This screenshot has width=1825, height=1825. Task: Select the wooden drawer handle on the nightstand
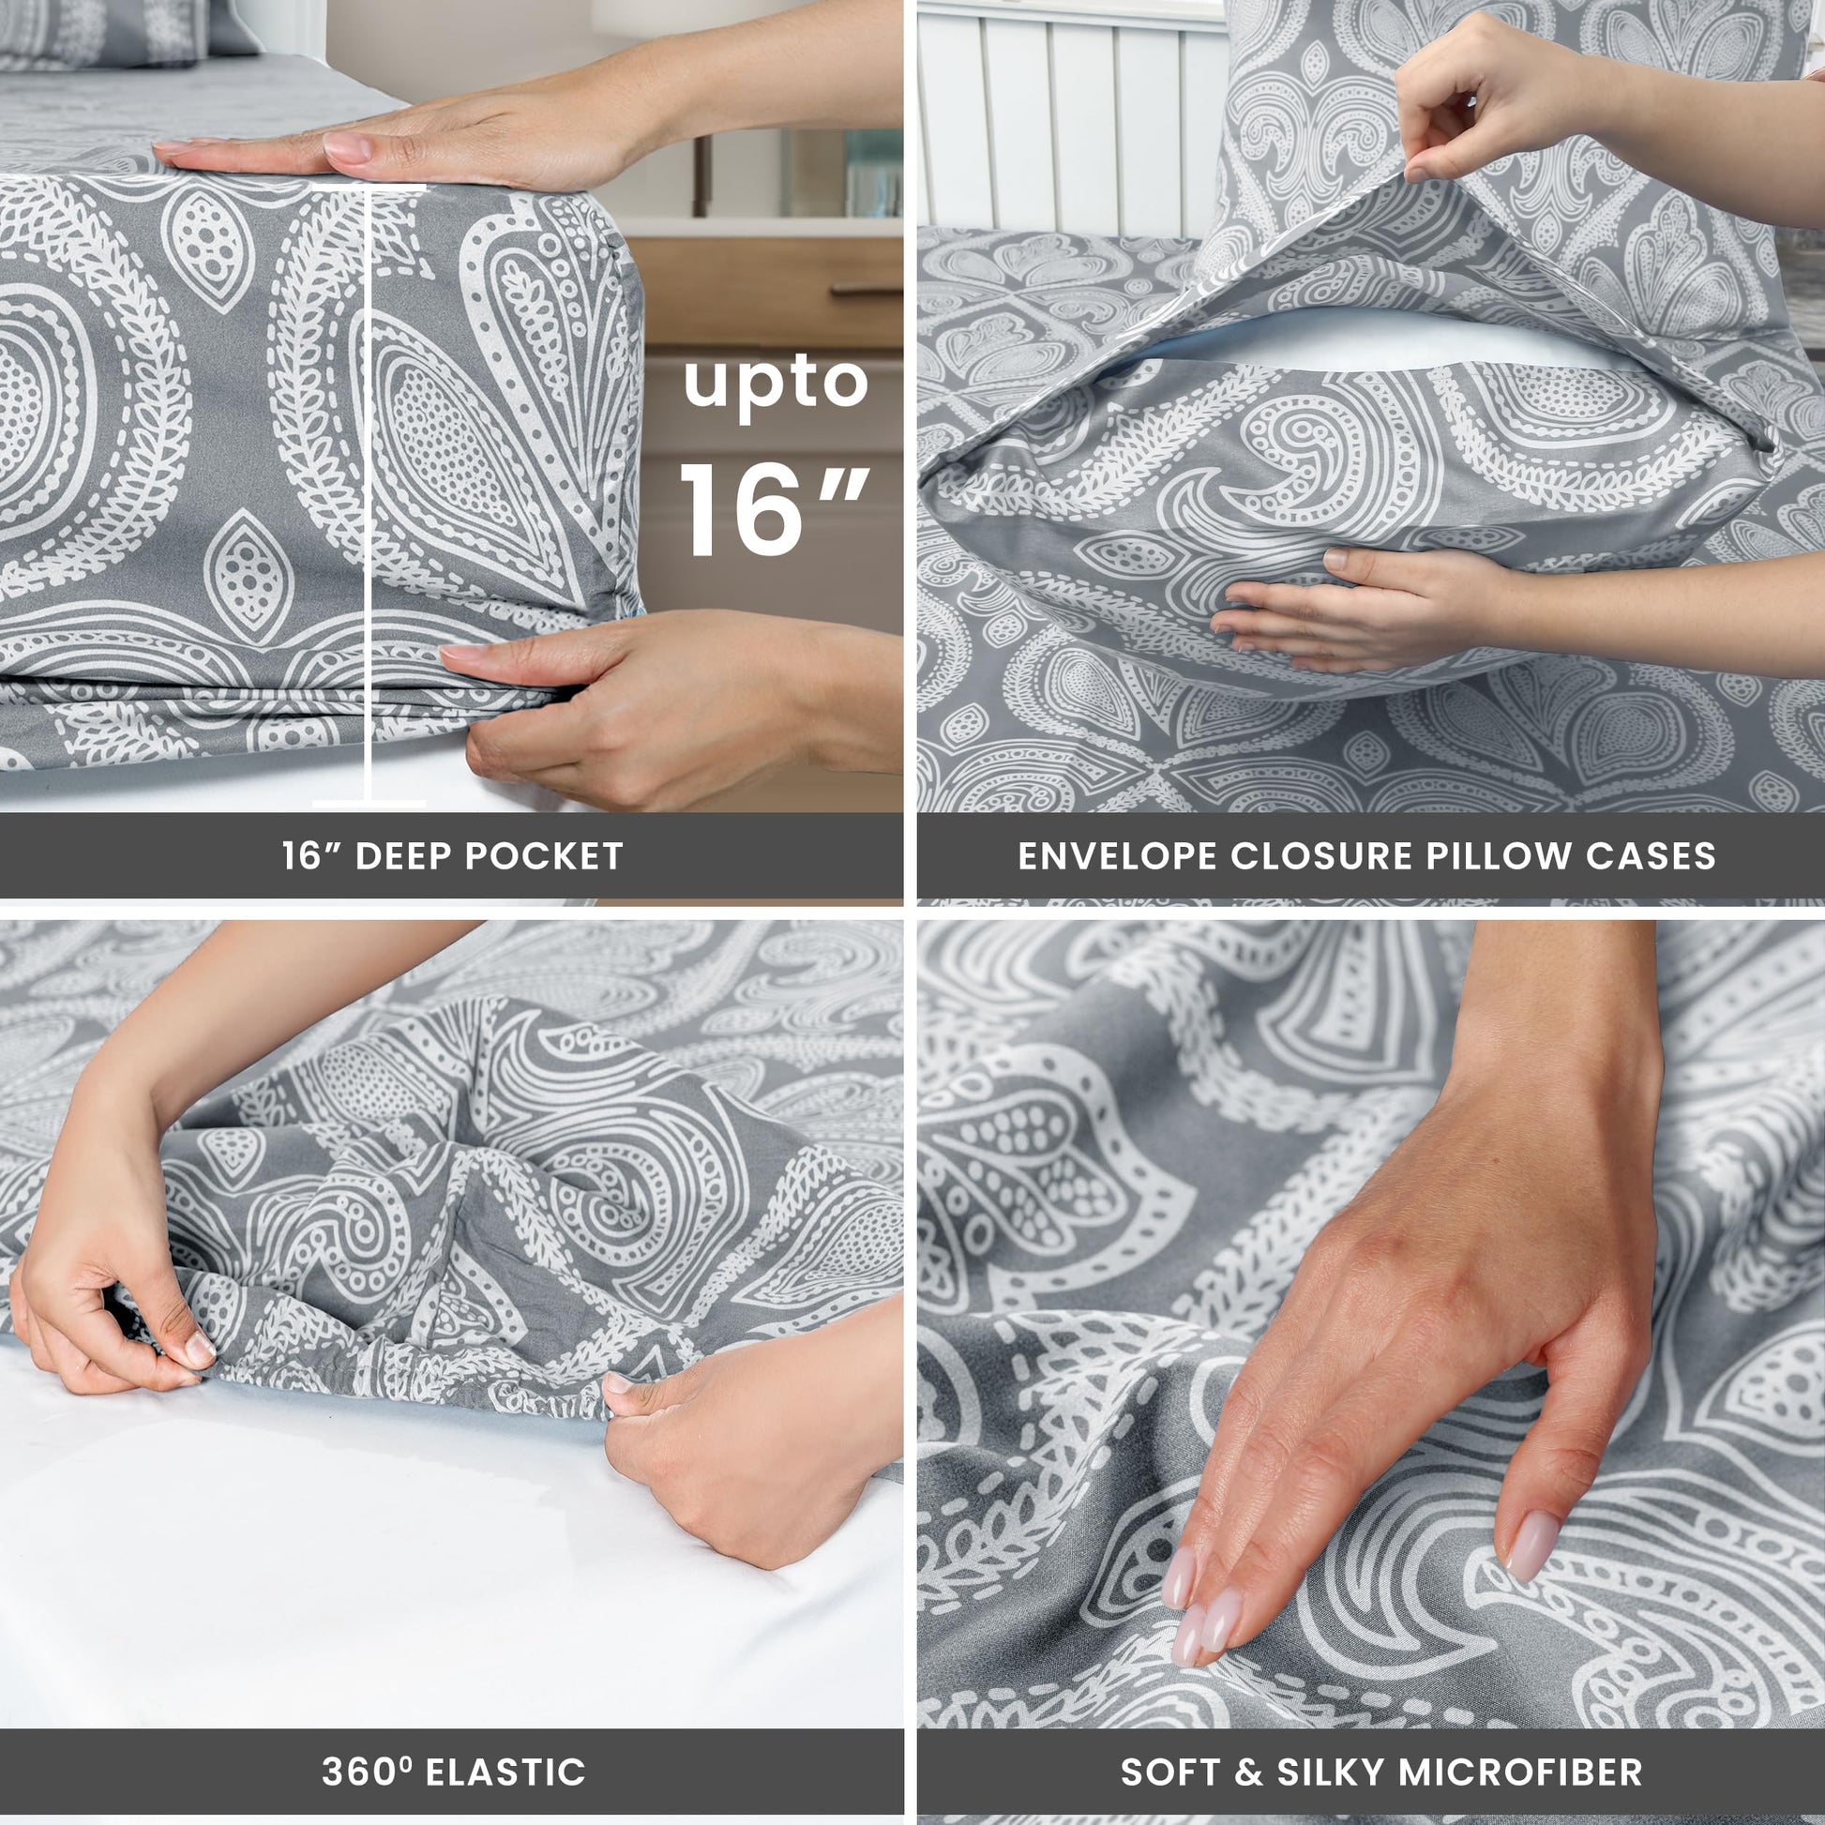(x=867, y=292)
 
